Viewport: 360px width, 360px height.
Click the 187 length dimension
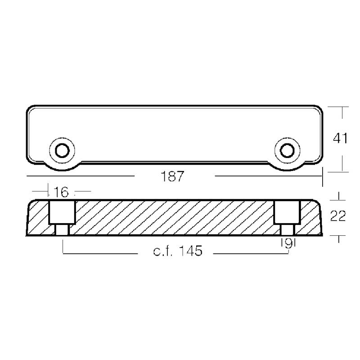point(172,176)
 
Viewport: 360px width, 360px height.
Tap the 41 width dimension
point(341,138)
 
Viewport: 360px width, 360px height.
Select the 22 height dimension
point(338,216)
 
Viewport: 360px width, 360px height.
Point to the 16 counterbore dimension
point(61,192)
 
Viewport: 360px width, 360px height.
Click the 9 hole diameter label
point(288,244)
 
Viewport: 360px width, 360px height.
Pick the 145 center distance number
point(190,251)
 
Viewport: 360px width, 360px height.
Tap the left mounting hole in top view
point(62,151)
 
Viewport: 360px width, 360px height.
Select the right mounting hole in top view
point(287,151)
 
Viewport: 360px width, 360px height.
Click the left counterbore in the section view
point(62,212)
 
